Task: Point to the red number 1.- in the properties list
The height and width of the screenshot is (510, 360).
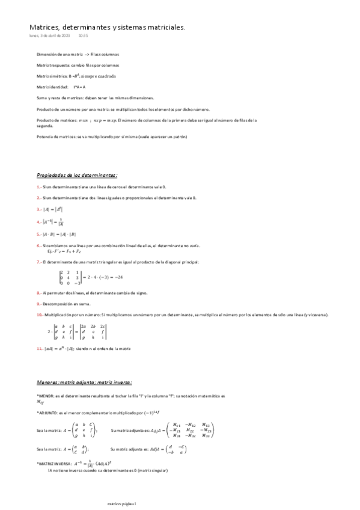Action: coord(39,187)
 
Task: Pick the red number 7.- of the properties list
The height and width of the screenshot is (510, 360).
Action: coord(39,262)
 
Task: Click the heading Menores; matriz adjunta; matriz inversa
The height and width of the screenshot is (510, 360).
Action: coord(85,382)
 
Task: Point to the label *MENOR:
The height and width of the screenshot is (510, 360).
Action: coord(46,395)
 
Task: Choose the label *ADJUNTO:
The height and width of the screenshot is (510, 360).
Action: coord(48,413)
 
